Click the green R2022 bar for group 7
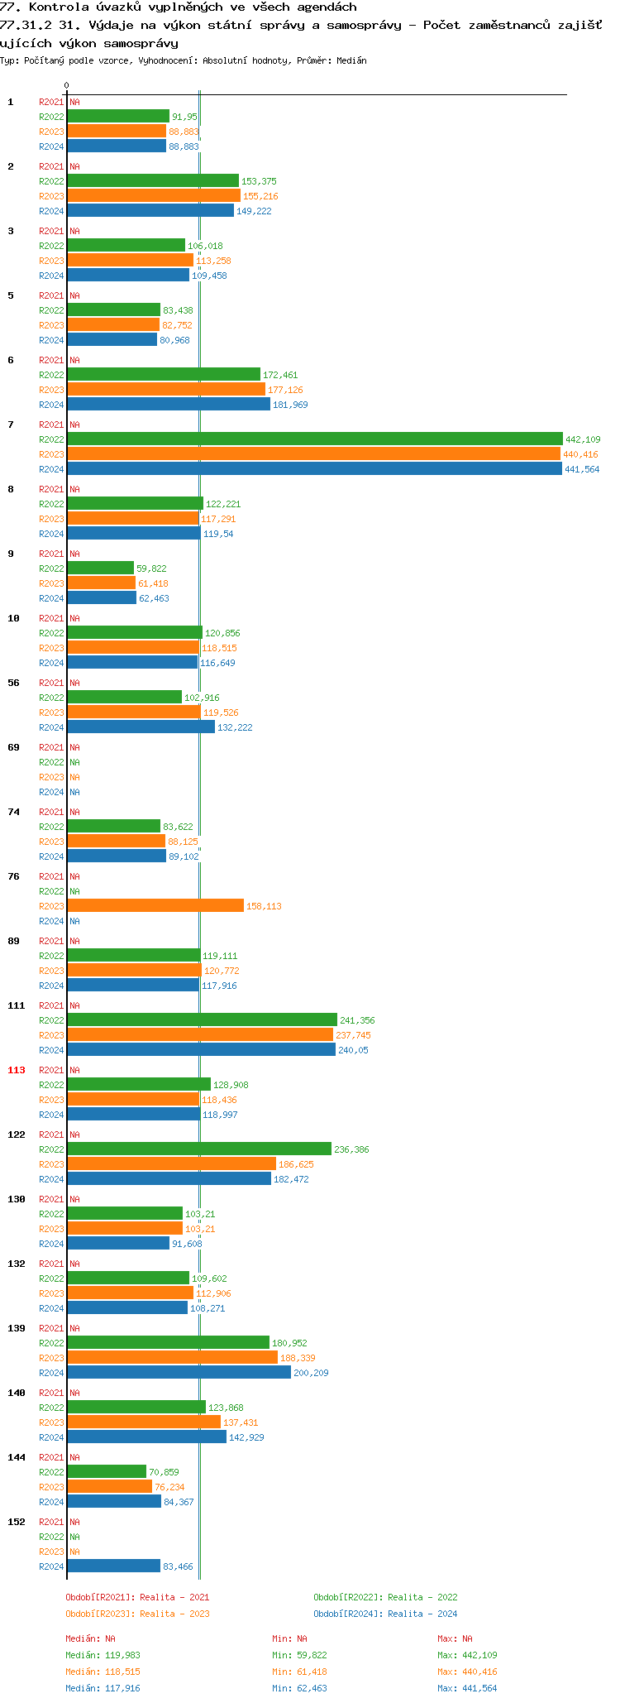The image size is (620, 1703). [x=314, y=439]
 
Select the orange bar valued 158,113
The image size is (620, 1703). [x=155, y=906]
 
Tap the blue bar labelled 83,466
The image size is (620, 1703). [x=113, y=1566]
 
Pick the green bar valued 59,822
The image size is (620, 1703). [x=100, y=568]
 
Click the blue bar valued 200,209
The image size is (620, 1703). [x=179, y=1373]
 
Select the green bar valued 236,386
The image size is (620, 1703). [x=199, y=1149]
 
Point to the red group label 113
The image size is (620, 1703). [x=17, y=1070]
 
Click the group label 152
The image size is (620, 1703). [x=17, y=1522]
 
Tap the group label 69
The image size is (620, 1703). [x=14, y=747]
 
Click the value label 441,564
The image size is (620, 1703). [x=582, y=470]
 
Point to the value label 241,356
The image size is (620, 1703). [x=357, y=1021]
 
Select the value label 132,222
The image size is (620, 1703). [x=235, y=728]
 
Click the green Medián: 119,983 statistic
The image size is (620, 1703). [x=103, y=1655]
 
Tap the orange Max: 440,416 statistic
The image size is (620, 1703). [x=467, y=1672]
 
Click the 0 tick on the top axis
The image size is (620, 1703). [x=67, y=86]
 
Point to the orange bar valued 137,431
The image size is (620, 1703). [x=144, y=1422]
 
